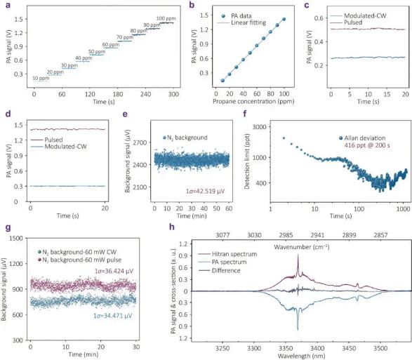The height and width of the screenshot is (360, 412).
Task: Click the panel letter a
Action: click(x=8, y=5)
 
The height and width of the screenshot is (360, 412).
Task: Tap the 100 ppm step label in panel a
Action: click(x=166, y=19)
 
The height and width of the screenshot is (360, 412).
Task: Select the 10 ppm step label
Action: click(x=41, y=79)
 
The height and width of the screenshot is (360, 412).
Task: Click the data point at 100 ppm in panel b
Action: click(x=284, y=19)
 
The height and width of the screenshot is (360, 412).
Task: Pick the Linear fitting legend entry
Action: click(x=241, y=22)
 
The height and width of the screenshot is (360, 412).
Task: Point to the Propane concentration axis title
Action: click(x=253, y=102)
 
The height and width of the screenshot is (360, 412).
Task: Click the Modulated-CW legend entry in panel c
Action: click(x=358, y=15)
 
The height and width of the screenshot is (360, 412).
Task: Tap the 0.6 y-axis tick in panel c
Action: click(x=319, y=18)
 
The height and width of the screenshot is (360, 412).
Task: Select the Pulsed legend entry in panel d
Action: click(x=47, y=140)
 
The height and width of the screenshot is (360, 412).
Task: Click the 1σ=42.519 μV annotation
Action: click(x=205, y=191)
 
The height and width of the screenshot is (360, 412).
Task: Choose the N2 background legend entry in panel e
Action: click(x=185, y=138)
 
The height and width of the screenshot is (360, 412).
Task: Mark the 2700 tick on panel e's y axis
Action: click(x=140, y=142)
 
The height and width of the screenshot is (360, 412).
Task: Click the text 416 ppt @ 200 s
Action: click(x=367, y=145)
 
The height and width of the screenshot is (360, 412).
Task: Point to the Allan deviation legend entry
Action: click(x=362, y=138)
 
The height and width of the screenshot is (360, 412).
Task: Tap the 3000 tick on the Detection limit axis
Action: click(x=259, y=127)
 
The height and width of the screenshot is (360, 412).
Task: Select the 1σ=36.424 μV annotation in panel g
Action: click(x=114, y=271)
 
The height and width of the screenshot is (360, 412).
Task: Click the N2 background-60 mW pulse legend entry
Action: click(x=79, y=260)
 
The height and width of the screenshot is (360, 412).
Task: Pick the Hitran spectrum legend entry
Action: click(x=227, y=254)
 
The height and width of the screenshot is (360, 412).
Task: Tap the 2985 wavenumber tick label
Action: click(x=286, y=235)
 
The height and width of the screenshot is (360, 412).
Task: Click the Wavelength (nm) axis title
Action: click(x=301, y=356)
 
